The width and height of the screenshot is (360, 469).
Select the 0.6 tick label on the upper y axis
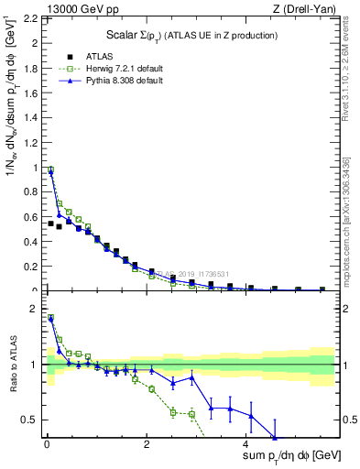point(32,217)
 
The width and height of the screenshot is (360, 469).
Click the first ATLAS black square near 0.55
point(50,223)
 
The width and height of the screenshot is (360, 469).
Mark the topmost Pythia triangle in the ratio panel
point(50,318)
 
